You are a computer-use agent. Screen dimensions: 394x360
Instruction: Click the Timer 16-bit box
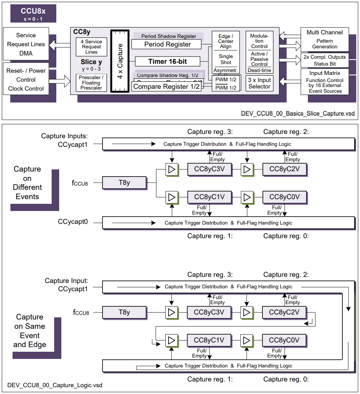[167, 61]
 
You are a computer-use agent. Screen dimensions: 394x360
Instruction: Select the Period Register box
[167, 44]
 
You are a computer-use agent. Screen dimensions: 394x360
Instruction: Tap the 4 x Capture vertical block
[120, 61]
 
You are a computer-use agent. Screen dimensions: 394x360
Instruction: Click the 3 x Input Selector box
[259, 83]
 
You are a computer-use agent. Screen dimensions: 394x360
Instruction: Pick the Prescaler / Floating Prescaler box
[91, 82]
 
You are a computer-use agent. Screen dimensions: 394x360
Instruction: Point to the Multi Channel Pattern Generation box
[325, 39]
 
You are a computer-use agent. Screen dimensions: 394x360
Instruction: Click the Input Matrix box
[325, 82]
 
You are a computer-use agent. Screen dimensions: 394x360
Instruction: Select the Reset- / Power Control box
[26, 80]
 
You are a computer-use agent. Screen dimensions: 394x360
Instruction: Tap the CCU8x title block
[33, 14]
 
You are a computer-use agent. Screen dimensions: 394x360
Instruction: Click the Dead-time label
[259, 71]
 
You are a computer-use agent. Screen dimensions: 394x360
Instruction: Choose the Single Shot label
[226, 59]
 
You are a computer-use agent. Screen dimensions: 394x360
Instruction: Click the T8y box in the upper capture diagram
[124, 183]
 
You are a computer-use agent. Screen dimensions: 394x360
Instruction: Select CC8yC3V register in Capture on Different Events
[209, 169]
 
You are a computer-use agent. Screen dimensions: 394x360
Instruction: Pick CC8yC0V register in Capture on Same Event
[284, 340]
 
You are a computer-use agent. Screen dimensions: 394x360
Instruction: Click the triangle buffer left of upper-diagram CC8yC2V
[247, 169]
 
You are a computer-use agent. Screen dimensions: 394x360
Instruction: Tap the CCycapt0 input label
[73, 222]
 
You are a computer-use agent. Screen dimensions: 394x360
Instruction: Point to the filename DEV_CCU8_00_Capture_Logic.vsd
[55, 385]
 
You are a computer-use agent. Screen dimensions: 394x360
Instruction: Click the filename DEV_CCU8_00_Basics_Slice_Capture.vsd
[298, 114]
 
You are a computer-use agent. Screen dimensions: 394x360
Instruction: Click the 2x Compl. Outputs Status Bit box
[325, 60]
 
